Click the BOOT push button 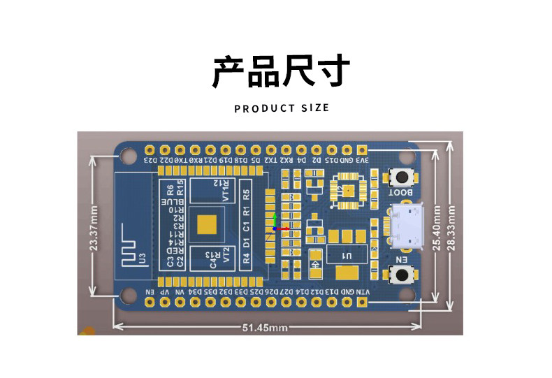(x=402, y=177)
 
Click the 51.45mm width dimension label (x=265, y=327)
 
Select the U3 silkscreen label (x=143, y=259)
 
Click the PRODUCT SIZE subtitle (x=281, y=108)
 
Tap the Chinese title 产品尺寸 (x=281, y=72)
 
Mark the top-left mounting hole (x=127, y=156)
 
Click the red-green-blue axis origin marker (x=276, y=228)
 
